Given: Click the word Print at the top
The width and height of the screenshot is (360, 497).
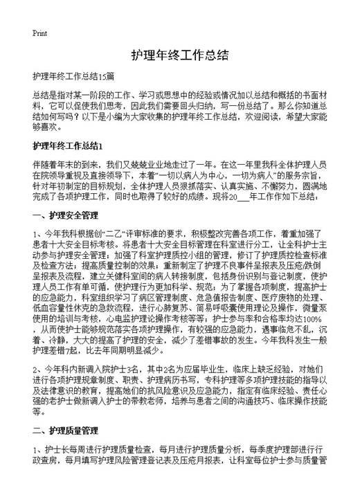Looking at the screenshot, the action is pos(39,33).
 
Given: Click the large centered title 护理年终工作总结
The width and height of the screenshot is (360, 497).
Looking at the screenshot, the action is pos(179,55).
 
